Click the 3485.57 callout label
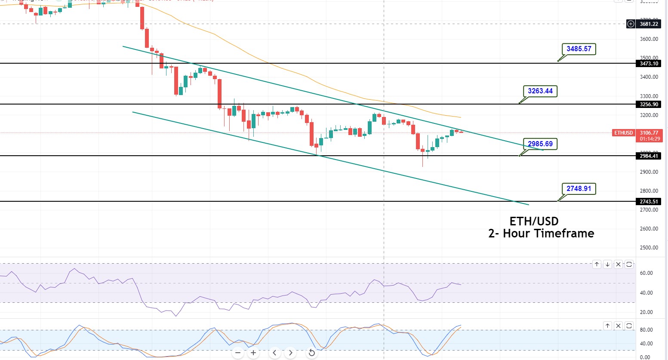click(579, 49)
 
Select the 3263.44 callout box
click(540, 91)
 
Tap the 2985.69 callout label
click(540, 144)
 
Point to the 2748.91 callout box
click(579, 188)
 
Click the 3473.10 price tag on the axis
click(649, 64)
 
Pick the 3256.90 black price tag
click(649, 105)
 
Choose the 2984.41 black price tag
click(649, 156)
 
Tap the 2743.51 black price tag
click(649, 202)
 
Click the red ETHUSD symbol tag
click(623, 133)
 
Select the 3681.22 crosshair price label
click(649, 24)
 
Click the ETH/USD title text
click(534, 221)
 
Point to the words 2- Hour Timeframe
click(541, 234)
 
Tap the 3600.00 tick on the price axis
click(649, 39)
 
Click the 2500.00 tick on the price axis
click(649, 248)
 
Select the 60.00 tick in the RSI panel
click(646, 273)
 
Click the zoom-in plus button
click(253, 353)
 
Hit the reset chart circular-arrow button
click(312, 353)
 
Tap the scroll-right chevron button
click(291, 353)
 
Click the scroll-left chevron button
click(274, 353)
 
